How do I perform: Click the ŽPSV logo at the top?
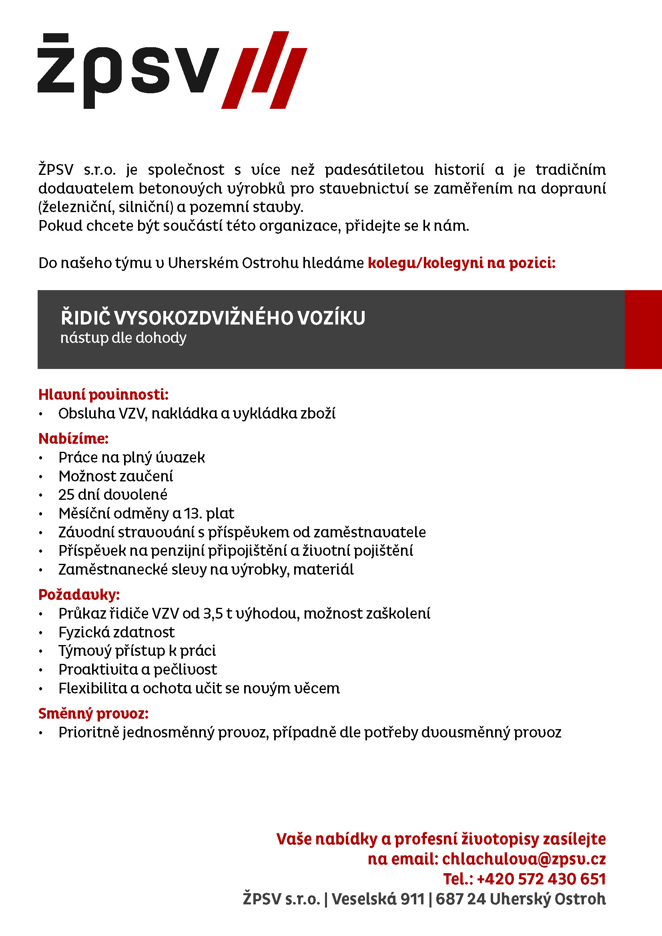click(171, 70)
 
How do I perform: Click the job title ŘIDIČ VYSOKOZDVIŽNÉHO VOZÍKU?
click(213, 319)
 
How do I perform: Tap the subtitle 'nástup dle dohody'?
click(123, 338)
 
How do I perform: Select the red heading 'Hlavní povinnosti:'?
click(103, 395)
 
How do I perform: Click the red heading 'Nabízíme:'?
click(73, 439)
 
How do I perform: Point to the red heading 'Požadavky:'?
click(79, 595)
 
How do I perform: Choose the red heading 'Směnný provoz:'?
click(93, 714)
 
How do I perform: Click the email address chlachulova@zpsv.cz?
click(524, 859)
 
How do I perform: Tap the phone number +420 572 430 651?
click(541, 879)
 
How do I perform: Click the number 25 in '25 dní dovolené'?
click(66, 495)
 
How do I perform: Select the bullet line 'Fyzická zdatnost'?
click(116, 632)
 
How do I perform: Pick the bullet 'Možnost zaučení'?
click(115, 476)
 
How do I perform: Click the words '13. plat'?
click(209, 513)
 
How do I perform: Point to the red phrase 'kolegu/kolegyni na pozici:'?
click(461, 263)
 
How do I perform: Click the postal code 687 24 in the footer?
click(460, 899)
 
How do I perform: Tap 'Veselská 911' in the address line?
click(378, 899)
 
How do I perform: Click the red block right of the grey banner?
click(643, 329)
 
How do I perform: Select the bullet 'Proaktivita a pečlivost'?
click(137, 669)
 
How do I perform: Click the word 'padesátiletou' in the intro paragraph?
click(374, 170)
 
